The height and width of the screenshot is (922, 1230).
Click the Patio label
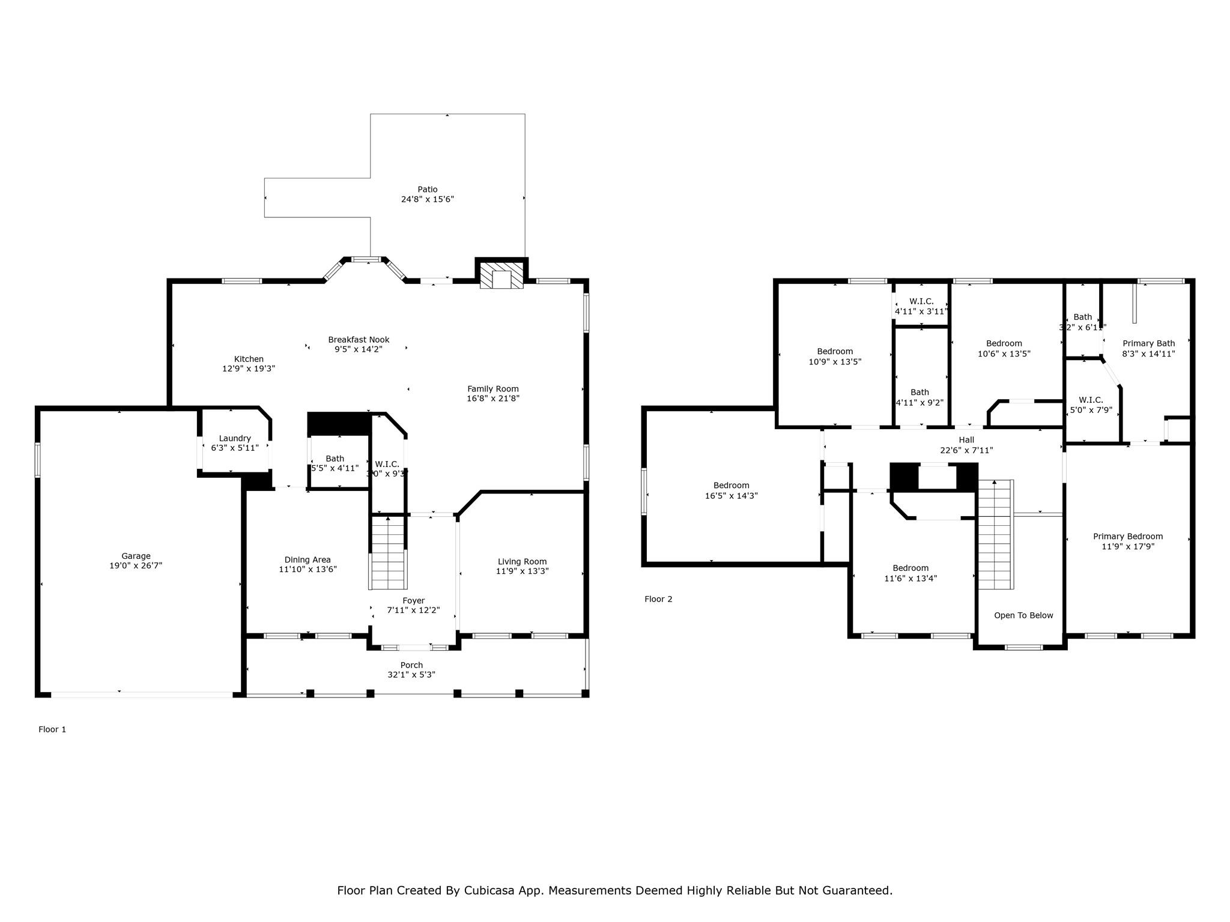coord(428,190)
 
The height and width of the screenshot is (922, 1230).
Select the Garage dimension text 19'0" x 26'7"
coord(136,565)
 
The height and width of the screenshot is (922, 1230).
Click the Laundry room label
coord(235,438)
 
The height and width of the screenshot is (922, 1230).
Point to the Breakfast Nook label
coord(359,340)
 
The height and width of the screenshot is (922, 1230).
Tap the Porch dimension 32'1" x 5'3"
coord(411,675)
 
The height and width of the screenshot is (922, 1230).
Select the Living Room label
coord(522,562)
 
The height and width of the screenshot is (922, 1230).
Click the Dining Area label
coord(307,560)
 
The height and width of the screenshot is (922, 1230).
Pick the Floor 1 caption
coord(52,729)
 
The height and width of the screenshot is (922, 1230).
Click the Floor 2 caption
coord(658,599)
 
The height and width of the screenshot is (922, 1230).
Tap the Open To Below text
coord(1023,615)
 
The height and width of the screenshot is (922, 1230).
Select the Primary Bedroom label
coord(1128,537)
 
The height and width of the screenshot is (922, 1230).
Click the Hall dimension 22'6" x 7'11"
coord(966,450)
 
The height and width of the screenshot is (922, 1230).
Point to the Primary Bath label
coord(1148,344)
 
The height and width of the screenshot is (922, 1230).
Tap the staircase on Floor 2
coord(995,534)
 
